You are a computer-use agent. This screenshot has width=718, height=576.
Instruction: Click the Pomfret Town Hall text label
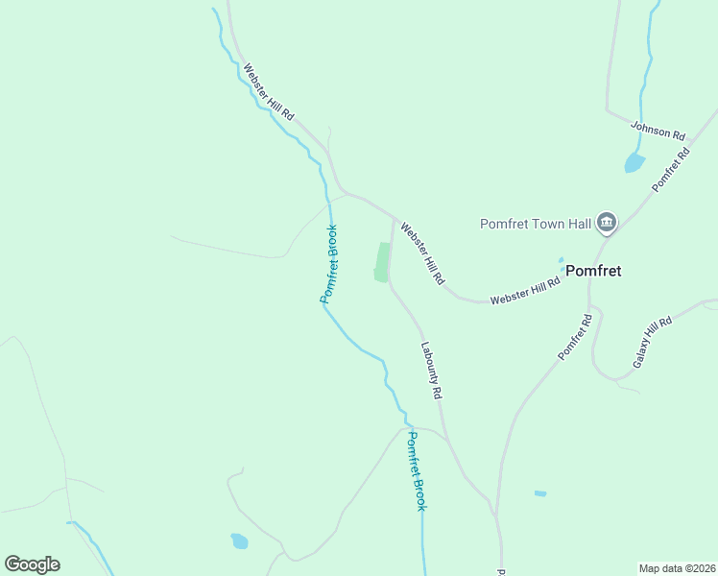coord(536,224)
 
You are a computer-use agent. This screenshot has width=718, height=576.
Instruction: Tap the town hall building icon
coord(607,224)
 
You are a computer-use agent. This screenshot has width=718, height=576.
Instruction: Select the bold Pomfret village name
coord(592,271)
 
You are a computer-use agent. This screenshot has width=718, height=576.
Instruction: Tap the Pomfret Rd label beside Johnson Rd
coord(671,169)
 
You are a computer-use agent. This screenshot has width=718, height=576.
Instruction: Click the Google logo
coord(32,564)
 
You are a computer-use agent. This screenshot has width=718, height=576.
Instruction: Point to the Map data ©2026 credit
coord(677,567)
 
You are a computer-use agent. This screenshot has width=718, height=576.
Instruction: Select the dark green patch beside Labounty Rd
coord(383,262)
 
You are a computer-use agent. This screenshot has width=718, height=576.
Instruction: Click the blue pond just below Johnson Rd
coord(634,162)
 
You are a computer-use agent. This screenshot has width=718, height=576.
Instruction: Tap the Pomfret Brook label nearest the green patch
coord(328,264)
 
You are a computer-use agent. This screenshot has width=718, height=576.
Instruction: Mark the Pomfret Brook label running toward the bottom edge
coord(415,470)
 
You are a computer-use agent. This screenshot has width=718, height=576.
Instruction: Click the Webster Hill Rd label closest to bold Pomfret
coord(525,289)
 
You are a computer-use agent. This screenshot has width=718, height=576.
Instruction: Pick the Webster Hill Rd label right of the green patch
coord(423,253)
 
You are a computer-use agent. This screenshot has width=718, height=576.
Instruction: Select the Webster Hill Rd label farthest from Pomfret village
coord(268,92)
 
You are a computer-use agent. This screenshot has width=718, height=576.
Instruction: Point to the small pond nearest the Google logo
coord(239,541)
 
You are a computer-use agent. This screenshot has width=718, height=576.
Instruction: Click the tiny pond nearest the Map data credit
coord(540,493)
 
